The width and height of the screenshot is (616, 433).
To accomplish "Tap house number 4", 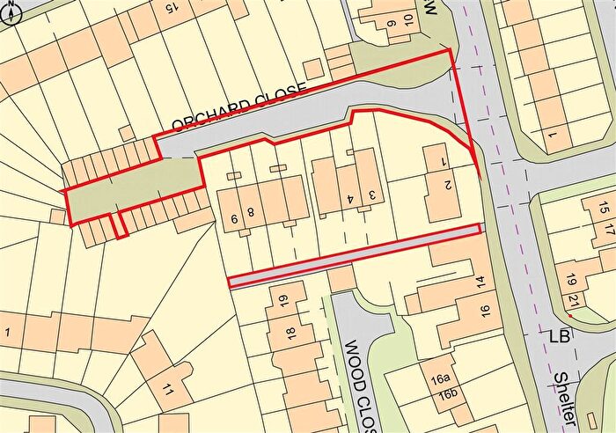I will [x=350, y=198].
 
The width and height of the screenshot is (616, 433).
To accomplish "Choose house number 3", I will [x=372, y=194].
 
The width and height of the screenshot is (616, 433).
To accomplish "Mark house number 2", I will [x=447, y=185].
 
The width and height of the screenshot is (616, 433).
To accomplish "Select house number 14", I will [x=480, y=283].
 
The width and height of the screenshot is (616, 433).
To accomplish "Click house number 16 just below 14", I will [x=483, y=311].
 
